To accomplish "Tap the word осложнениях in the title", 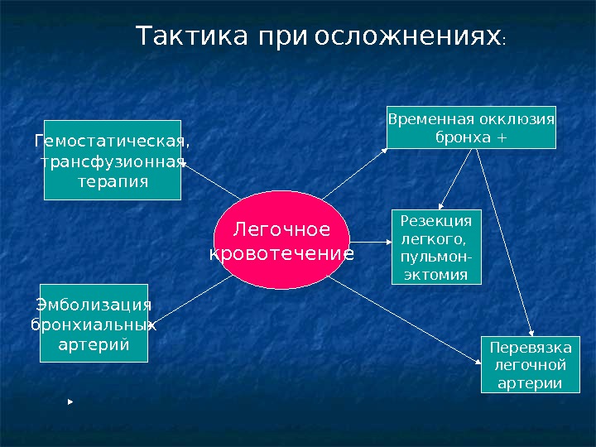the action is coord(408,37).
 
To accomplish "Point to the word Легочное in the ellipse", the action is coord(281,229).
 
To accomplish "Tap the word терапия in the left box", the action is coord(113,180).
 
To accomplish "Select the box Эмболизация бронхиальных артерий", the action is coord(94,324).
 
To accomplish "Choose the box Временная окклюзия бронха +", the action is coord(471,127).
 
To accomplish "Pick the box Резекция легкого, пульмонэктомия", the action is coord(436,248).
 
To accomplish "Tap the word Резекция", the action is coord(436,221).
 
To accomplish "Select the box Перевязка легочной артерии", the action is coord(526,364).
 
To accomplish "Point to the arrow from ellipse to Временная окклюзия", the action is coord(356,174).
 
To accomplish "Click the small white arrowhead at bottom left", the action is coord(71,401).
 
